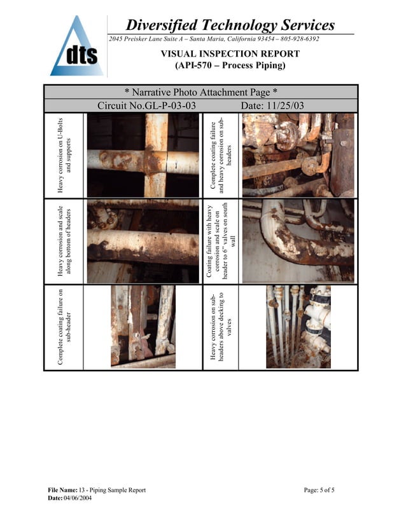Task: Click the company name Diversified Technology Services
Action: point(230,25)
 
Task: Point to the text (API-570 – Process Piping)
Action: point(230,65)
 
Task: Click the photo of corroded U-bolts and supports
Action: point(143,156)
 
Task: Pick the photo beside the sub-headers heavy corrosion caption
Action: point(298,156)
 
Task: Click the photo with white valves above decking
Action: point(298,327)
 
